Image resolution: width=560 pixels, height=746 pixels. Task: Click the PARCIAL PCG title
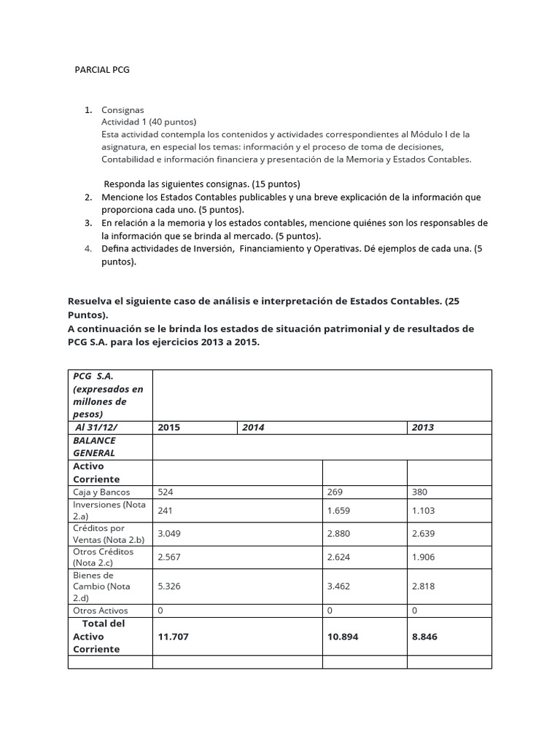(102, 70)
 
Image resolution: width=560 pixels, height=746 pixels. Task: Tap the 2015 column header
(168, 428)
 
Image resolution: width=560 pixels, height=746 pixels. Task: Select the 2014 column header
(253, 428)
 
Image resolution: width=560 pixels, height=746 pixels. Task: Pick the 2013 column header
(422, 428)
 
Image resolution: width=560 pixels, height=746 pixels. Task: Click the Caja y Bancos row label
(101, 492)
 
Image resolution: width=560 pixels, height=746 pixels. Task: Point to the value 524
(166, 492)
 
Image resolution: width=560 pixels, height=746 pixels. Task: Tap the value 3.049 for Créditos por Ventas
(170, 533)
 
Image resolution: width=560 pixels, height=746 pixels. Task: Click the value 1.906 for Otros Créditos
(425, 556)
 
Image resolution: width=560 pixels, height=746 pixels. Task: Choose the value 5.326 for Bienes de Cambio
(170, 584)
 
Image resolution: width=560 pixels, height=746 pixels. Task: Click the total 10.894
(344, 636)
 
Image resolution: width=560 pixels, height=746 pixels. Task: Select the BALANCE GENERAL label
(94, 447)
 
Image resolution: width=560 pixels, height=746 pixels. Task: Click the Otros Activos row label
(101, 610)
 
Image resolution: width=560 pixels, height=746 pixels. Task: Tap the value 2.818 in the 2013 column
(425, 584)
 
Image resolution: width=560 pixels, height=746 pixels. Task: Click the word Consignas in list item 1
(122, 109)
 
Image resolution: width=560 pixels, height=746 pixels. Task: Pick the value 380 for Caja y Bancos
(421, 492)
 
